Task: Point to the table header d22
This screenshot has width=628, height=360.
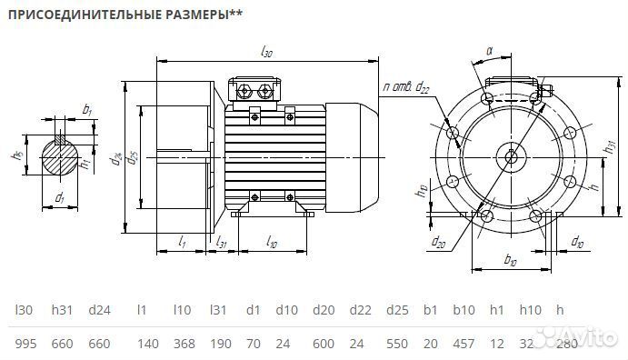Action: [360, 310]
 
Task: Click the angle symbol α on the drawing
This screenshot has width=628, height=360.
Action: [488, 52]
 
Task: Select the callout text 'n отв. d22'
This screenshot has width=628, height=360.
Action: [406, 86]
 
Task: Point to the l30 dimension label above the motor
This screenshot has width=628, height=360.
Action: [266, 54]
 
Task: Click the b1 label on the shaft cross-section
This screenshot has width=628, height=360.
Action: [86, 111]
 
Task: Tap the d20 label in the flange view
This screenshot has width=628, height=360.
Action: [439, 242]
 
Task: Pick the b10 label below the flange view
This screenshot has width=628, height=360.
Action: [510, 262]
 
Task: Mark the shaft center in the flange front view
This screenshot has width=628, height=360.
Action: [512, 155]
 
